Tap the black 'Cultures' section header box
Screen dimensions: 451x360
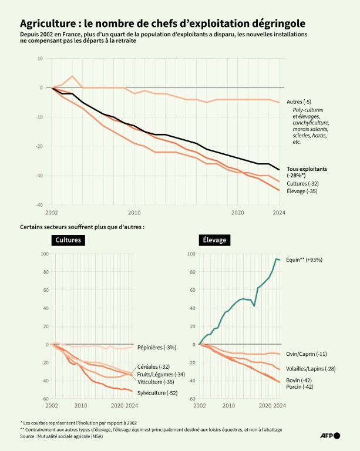coord(68,240)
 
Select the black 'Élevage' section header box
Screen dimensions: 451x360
coord(214,240)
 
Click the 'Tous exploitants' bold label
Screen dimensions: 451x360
coord(307,169)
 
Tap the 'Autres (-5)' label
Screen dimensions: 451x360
coord(298,102)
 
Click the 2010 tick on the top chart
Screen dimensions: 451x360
coord(134,213)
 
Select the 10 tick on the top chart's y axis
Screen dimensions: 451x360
coord(39,58)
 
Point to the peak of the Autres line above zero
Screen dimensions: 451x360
coord(72,76)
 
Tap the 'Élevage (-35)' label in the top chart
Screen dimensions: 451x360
coord(303,191)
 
